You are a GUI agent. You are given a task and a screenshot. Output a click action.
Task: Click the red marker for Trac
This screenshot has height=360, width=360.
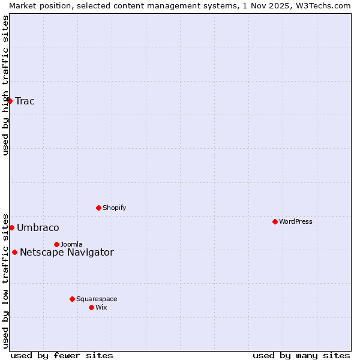click(x=10, y=101)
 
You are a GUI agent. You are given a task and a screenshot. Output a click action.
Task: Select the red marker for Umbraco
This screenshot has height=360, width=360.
click(x=11, y=227)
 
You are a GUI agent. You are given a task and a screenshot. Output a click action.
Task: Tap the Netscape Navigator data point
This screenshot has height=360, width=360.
click(x=14, y=252)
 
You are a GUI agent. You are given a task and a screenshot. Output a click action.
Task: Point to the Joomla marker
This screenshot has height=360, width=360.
click(x=56, y=244)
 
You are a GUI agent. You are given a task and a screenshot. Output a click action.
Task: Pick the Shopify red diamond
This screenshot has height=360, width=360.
click(x=98, y=208)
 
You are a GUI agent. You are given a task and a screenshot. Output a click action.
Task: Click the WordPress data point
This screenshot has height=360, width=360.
click(x=275, y=221)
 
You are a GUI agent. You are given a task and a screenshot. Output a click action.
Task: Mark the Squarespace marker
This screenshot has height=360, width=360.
click(x=72, y=299)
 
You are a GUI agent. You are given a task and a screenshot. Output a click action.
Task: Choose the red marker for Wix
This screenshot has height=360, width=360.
click(x=91, y=307)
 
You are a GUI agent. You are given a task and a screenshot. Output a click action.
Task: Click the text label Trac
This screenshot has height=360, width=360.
click(x=25, y=101)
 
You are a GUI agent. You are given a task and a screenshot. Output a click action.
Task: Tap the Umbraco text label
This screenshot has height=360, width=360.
click(x=38, y=227)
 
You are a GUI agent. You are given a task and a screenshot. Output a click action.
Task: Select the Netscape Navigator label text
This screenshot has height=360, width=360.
click(x=67, y=252)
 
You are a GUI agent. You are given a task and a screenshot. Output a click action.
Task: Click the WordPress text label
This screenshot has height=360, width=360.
click(x=296, y=221)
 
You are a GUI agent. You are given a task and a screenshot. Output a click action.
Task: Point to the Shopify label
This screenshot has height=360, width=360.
click(x=114, y=208)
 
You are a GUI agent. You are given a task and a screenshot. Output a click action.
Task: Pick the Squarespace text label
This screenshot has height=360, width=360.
click(x=97, y=299)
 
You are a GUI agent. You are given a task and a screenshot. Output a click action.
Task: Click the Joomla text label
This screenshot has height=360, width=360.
click(x=71, y=244)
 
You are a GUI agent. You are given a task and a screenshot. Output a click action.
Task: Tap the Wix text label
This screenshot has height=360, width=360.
click(x=101, y=307)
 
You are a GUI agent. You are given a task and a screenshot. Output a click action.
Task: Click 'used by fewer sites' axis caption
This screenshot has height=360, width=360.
click(x=62, y=355)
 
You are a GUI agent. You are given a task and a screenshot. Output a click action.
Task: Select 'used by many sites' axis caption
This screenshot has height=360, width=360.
click(x=301, y=355)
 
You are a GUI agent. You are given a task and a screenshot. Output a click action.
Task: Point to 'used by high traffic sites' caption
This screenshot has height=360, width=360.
click(x=5, y=85)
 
